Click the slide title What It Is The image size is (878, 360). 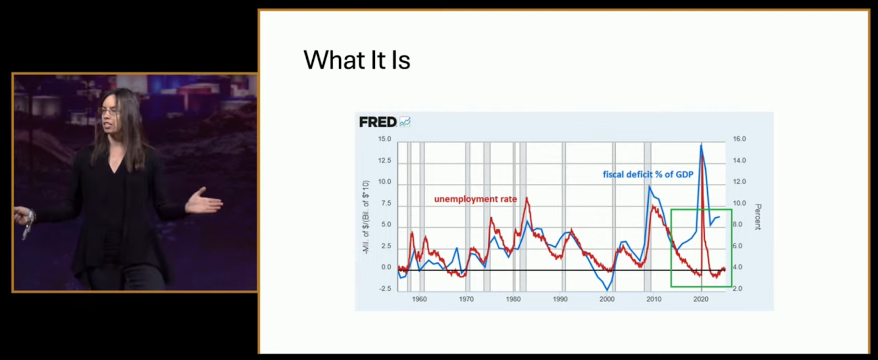(x=357, y=60)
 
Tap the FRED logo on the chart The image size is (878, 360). (x=378, y=122)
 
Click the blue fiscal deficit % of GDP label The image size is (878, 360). (x=648, y=175)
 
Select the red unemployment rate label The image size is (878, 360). (x=475, y=199)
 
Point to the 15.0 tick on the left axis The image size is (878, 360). (x=384, y=139)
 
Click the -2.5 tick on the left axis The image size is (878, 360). (x=384, y=289)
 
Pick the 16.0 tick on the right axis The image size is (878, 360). (x=739, y=139)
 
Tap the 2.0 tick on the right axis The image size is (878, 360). (x=737, y=289)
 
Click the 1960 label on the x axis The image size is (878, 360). (x=419, y=299)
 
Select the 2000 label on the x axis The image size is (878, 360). (x=607, y=299)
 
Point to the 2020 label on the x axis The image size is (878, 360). (x=701, y=299)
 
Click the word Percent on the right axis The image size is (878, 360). (x=758, y=217)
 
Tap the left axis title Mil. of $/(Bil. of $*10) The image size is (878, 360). (x=365, y=217)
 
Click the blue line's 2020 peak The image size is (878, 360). (x=701, y=145)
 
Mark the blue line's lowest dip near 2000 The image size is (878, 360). (x=607, y=289)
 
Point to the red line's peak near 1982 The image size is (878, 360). (x=527, y=198)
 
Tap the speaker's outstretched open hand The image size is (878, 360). (x=204, y=201)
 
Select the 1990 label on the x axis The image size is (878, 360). (x=560, y=299)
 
